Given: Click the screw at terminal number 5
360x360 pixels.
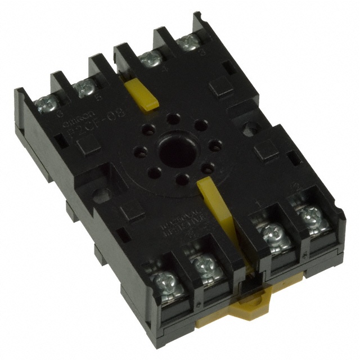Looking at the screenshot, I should pos(85,85).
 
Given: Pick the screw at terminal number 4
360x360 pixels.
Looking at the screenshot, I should pos(148,58).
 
